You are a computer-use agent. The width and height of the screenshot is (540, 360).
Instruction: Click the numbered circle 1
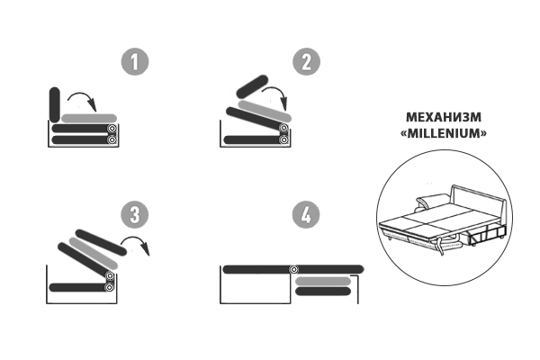(135, 62)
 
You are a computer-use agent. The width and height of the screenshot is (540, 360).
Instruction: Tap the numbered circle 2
(306, 62)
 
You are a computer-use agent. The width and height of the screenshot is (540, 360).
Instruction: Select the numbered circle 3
(135, 214)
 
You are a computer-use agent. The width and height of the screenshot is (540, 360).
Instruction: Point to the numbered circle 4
(306, 214)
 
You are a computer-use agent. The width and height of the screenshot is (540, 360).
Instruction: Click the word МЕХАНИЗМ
(444, 117)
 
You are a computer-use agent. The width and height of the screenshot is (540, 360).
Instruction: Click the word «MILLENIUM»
(444, 133)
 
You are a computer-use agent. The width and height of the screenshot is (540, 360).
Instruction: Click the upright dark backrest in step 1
(54, 104)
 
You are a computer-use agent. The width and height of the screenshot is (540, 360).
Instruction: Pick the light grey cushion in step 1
(89, 118)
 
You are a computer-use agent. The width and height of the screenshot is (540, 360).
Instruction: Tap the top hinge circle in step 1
(112, 129)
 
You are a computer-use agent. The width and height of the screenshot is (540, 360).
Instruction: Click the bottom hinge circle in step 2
(283, 139)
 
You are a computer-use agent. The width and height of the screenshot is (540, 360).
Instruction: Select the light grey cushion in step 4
(323, 282)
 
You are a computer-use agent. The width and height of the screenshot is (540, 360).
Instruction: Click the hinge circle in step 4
(293, 269)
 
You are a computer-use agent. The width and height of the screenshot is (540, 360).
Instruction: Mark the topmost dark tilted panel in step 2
(252, 86)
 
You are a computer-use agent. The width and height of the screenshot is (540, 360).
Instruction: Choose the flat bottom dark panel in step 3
(77, 287)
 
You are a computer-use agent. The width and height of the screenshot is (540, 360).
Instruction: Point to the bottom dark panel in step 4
(323, 292)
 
